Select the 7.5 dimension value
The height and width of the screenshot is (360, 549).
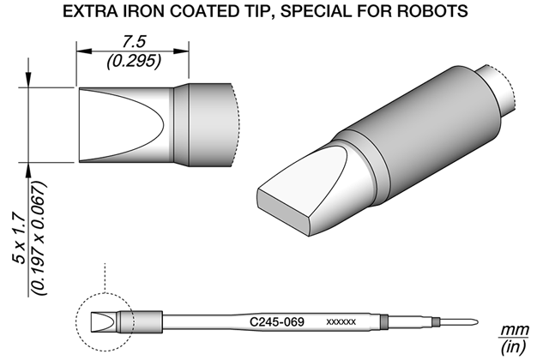(134, 42)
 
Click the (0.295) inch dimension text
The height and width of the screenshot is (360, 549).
(134, 61)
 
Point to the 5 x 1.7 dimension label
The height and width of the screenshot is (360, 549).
(19, 239)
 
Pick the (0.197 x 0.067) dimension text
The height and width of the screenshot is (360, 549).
(39, 238)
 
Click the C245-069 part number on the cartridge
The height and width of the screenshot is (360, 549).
(276, 321)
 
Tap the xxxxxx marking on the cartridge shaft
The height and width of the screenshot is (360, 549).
(341, 321)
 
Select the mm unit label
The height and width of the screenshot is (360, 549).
(514, 330)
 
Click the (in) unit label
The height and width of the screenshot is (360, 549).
(514, 347)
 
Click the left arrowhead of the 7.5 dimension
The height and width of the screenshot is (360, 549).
(84, 51)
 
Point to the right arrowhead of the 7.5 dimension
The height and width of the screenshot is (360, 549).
(181, 51)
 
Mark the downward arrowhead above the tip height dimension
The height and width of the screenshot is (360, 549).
(28, 80)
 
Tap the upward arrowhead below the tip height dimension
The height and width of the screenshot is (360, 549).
(28, 171)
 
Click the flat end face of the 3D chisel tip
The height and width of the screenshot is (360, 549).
(284, 212)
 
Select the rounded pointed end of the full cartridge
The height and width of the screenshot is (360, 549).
(474, 322)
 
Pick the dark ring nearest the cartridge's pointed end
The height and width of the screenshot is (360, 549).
(436, 322)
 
